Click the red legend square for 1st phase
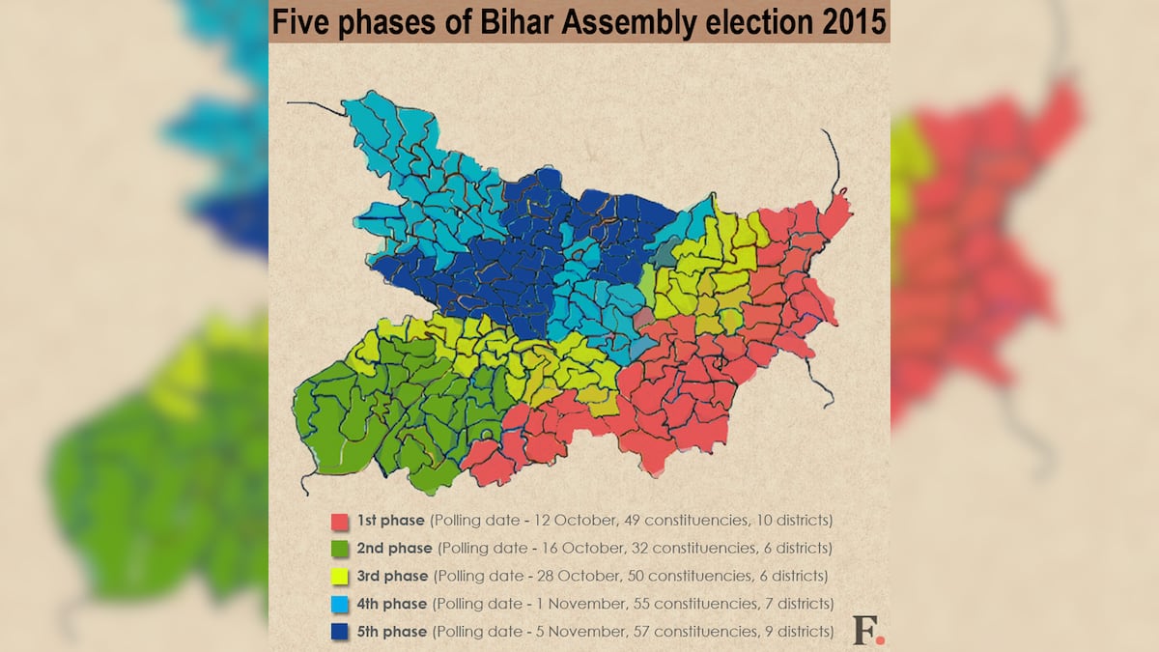(338, 522)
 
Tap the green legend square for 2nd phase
(338, 549)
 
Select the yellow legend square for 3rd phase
(338, 577)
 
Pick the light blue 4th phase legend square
(338, 605)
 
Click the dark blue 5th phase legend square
(338, 632)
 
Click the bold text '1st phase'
(391, 521)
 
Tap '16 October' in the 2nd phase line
(566, 549)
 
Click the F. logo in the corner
(867, 630)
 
